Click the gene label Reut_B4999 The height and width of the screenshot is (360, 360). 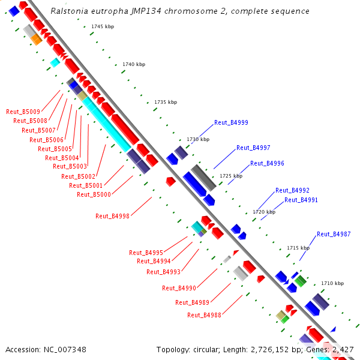tap(231, 122)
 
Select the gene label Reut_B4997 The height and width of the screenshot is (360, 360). tap(253, 148)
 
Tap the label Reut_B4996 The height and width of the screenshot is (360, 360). tap(267, 163)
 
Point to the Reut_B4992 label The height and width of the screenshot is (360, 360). tap(292, 190)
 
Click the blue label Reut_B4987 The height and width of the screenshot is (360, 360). tap(334, 234)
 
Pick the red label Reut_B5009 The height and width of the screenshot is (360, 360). tap(23, 112)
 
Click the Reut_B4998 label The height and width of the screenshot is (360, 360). tap(112, 216)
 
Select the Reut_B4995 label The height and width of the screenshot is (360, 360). tap(146, 253)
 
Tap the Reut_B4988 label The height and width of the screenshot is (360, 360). tap(204, 315)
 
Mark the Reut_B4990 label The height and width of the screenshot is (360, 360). tap(179, 288)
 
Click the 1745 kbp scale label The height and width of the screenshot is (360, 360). tap(102, 27)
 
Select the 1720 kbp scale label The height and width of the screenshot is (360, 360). tap(263, 212)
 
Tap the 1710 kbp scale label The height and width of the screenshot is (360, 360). tap(332, 283)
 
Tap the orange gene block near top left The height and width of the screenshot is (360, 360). tap(36, 40)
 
